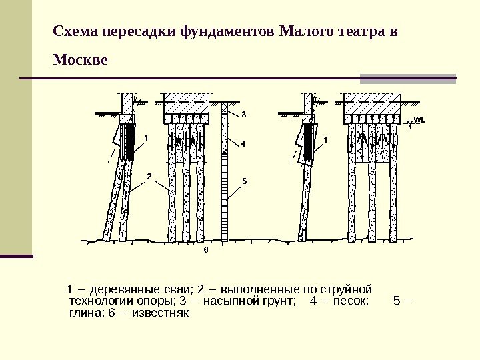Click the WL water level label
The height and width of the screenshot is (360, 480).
click(x=419, y=120)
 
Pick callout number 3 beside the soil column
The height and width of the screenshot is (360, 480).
click(x=243, y=115)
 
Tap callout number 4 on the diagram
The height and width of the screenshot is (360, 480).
click(x=243, y=143)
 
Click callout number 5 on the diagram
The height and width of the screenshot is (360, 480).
click(x=244, y=181)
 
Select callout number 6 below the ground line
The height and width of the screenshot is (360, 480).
click(x=206, y=251)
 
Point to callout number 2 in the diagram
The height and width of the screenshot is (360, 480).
click(x=149, y=177)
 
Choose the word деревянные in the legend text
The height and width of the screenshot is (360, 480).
click(x=121, y=289)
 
